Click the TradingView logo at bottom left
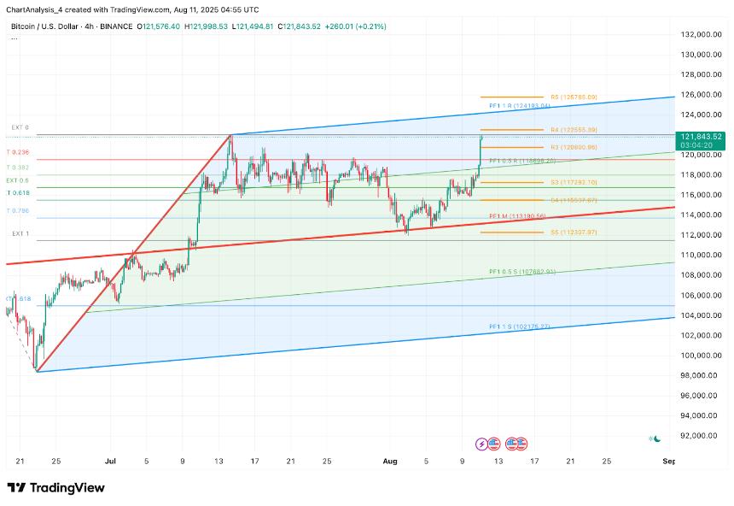click(x=55, y=487)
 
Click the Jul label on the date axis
click(x=109, y=461)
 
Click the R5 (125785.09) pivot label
click(x=574, y=97)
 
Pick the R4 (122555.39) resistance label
click(x=574, y=130)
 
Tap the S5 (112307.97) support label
click(x=574, y=232)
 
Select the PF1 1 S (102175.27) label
click(x=520, y=327)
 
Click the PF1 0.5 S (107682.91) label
click(x=522, y=272)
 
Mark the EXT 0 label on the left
click(x=20, y=127)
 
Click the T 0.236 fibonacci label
click(x=19, y=152)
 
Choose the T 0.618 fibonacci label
click(x=19, y=193)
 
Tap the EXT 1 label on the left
click(x=20, y=233)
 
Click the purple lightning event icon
click(x=482, y=444)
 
